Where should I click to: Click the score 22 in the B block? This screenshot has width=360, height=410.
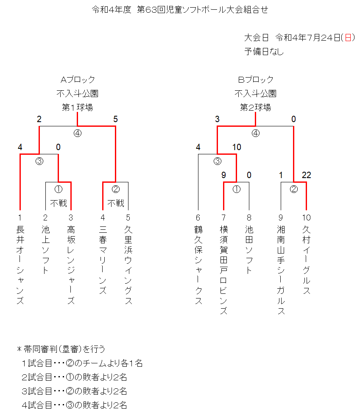(x=307, y=175)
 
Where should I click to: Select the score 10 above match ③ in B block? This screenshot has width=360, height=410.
(x=237, y=147)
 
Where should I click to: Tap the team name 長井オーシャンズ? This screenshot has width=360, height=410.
(x=20, y=265)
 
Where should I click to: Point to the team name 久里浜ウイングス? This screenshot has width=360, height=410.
(x=128, y=265)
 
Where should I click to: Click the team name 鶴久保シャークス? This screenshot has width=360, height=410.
(x=198, y=265)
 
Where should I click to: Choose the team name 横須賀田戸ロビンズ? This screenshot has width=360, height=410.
(x=223, y=270)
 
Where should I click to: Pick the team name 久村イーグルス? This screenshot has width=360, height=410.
(x=307, y=260)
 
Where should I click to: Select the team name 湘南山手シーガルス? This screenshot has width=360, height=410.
(x=281, y=270)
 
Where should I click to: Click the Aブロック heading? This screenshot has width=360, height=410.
(x=78, y=79)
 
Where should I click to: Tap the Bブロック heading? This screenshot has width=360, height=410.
(x=256, y=79)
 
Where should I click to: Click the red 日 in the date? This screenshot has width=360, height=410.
(x=348, y=38)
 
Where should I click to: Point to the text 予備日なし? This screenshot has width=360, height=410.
(x=264, y=51)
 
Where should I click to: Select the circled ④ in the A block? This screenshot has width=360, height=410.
(x=78, y=133)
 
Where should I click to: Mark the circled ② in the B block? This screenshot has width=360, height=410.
(x=293, y=189)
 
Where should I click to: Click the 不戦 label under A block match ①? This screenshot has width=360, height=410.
(x=59, y=203)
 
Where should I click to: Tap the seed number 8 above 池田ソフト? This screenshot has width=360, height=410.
(x=249, y=218)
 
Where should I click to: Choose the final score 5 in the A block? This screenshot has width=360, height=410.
(x=115, y=119)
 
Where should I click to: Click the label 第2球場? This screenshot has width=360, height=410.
(x=255, y=107)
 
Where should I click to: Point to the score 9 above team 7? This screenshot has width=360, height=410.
(x=223, y=175)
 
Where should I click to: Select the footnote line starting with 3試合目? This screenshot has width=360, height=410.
(x=74, y=391)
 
